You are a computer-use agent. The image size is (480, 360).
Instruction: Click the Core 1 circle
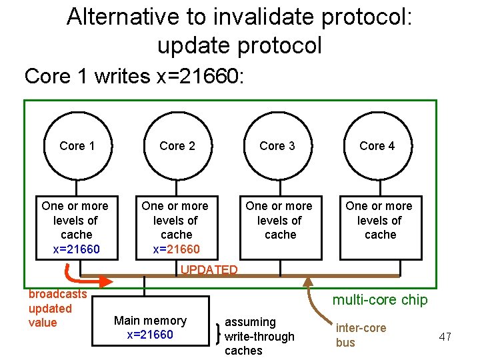77,146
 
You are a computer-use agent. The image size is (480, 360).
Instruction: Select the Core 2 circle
177,146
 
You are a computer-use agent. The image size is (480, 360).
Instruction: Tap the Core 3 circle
277,146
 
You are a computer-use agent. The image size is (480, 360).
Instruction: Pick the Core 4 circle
377,146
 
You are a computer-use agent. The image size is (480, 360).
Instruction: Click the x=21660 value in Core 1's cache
76,249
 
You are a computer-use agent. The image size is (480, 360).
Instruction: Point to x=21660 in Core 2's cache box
176,249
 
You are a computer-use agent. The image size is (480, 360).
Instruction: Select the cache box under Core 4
380,227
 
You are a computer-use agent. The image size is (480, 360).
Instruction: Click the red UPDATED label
209,270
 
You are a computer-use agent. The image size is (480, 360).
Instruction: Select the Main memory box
150,327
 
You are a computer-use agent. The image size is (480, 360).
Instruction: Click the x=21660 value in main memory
150,335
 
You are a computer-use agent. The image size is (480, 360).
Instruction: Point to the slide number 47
445,337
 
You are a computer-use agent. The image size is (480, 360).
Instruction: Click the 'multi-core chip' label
380,300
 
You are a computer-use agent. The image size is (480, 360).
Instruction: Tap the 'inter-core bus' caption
360,335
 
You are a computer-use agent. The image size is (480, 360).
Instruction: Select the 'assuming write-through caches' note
259,336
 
